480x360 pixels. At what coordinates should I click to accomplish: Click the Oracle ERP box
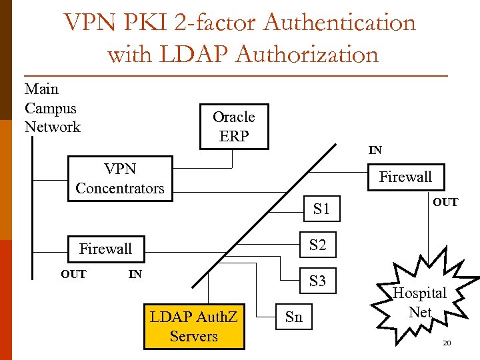coord(234,127)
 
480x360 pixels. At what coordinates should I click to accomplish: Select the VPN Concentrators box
coord(119,179)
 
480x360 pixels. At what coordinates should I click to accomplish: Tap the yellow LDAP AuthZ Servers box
coord(193,326)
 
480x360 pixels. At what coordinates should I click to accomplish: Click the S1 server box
coord(321,209)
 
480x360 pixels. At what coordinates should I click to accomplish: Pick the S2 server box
coord(318,245)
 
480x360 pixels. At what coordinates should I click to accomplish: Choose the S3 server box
coord(318,281)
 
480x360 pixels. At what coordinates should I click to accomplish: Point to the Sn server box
coord(293,317)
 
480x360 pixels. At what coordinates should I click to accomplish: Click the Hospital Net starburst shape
coord(419,301)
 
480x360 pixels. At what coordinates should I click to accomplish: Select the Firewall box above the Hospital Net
coord(405,177)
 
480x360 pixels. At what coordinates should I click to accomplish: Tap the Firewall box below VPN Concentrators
coord(105,249)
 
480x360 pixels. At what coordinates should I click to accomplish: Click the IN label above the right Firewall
coord(375,151)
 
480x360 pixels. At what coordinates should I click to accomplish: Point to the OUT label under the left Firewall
coord(73,274)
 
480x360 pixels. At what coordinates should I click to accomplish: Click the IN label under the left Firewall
coord(135,274)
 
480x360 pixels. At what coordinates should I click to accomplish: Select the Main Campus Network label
coord(52,108)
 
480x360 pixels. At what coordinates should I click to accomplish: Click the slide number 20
coord(447,343)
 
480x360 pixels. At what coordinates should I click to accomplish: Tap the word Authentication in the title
coord(339,23)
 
